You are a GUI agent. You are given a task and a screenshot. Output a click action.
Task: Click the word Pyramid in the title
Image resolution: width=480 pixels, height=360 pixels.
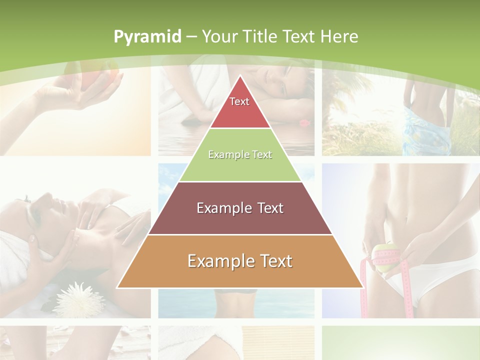click(x=147, y=37)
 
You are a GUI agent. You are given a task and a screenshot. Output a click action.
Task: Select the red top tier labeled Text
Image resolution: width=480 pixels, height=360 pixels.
click(x=239, y=107)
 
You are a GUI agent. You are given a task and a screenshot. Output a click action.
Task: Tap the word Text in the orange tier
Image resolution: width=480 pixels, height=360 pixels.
click(x=272, y=261)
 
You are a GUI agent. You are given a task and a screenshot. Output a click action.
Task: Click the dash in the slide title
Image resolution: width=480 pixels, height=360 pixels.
click(x=191, y=37)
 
